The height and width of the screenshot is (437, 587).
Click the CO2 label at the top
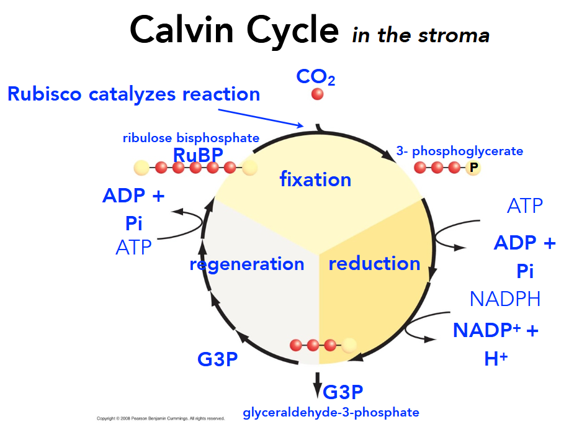[316, 77]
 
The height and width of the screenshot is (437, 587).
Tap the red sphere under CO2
[317, 94]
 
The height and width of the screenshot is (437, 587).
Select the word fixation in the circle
[315, 180]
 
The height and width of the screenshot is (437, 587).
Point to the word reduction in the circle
[374, 264]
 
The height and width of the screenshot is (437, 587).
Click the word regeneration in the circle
[247, 264]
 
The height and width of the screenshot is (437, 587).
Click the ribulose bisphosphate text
[191, 138]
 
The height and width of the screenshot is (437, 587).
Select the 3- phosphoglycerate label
[459, 151]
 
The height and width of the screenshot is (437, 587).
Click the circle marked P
[473, 168]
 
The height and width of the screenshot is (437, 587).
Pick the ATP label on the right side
[524, 206]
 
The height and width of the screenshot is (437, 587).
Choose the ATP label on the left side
[133, 248]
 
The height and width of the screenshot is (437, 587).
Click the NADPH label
[505, 299]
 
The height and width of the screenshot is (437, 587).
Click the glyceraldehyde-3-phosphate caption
[331, 412]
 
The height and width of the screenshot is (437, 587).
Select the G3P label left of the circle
[217, 359]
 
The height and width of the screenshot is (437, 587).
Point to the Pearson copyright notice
[161, 419]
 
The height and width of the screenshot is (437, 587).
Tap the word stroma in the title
[455, 35]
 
